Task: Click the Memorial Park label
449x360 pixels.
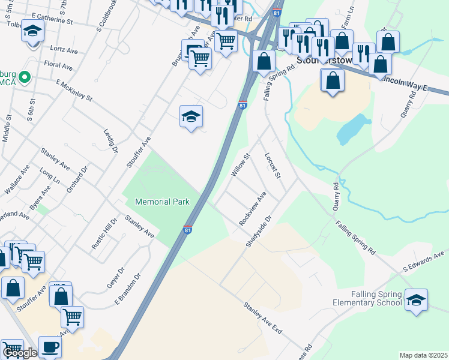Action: [x=163, y=202]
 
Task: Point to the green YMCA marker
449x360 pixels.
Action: [x=25, y=77]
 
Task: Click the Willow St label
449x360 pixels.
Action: [x=240, y=165]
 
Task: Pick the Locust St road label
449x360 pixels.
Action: [x=273, y=165]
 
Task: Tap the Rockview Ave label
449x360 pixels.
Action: [x=253, y=208]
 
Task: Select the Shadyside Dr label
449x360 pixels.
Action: [x=259, y=231]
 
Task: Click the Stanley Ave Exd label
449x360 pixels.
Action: [x=262, y=318]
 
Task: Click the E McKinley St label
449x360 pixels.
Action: [x=74, y=89]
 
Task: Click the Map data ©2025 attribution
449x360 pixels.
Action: [x=423, y=355]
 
